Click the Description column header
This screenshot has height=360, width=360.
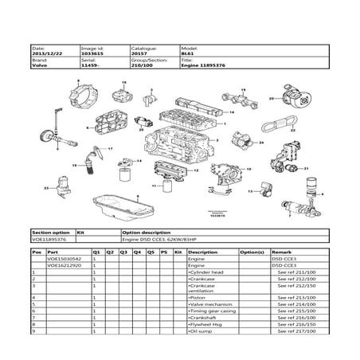[x=202, y=252]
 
